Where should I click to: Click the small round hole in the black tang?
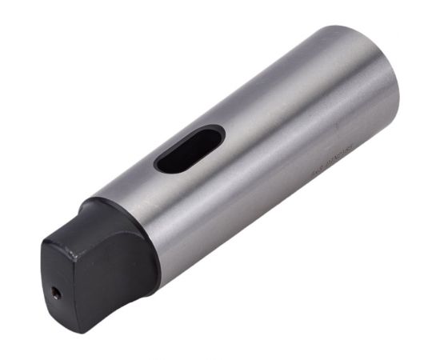57,293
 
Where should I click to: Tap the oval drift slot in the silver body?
190,149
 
